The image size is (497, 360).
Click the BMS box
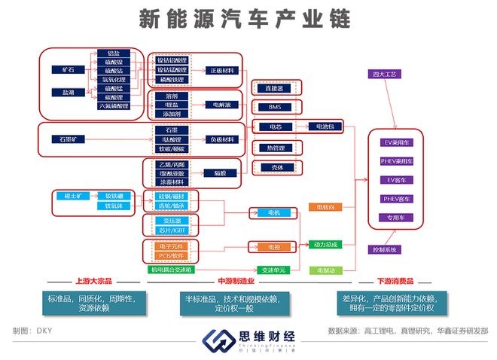[x=274, y=107]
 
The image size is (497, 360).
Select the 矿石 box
[x=69, y=69]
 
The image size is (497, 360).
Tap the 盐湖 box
[x=69, y=92]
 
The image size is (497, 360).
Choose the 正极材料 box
[x=221, y=70]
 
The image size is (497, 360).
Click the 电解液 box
[x=221, y=105]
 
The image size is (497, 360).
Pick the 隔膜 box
[x=220, y=172]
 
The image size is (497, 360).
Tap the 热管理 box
[x=274, y=147]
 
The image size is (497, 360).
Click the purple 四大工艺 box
[x=389, y=75]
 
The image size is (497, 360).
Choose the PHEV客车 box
[x=396, y=199]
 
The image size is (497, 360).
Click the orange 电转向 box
[x=325, y=206]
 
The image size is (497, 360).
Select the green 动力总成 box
[x=325, y=244]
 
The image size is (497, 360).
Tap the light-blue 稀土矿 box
[x=74, y=196]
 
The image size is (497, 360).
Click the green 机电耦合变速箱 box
[x=171, y=269]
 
